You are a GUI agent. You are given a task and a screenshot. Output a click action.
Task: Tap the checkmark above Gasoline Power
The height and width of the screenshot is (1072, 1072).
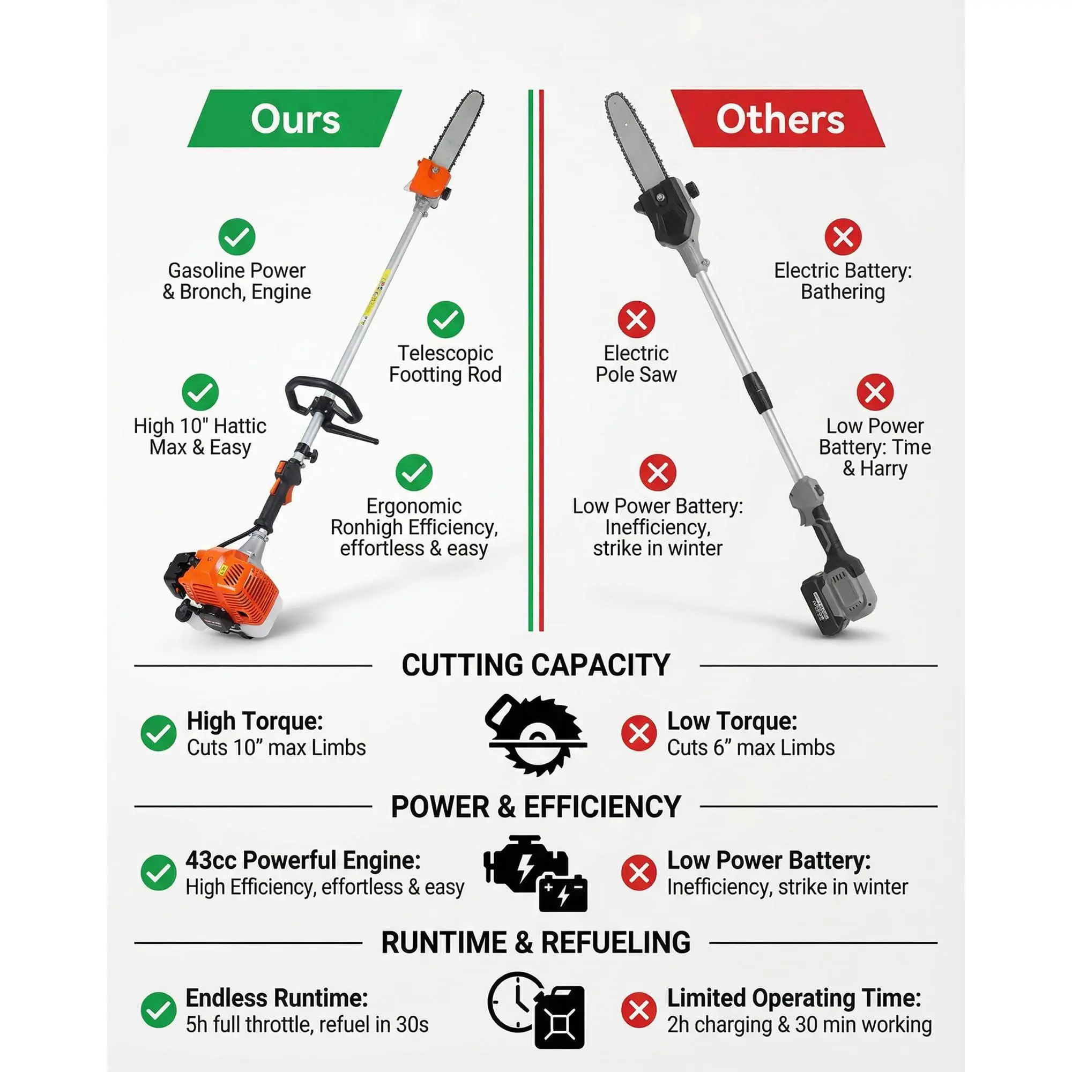[x=237, y=237]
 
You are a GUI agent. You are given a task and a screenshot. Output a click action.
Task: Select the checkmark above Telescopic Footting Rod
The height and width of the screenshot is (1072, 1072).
[x=445, y=319]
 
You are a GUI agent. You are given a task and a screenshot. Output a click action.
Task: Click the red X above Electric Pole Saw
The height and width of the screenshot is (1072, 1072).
[x=636, y=319]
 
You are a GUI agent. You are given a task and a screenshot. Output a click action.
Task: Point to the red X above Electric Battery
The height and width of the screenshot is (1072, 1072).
[x=843, y=237]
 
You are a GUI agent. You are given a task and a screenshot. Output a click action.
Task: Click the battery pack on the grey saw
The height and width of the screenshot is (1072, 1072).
[x=838, y=602]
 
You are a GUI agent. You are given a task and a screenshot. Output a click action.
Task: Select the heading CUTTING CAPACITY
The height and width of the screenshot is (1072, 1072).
[x=536, y=665]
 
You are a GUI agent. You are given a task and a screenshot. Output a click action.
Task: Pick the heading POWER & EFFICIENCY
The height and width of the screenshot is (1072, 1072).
[x=536, y=806]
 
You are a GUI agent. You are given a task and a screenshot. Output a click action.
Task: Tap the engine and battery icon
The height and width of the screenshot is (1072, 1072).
[x=535, y=874]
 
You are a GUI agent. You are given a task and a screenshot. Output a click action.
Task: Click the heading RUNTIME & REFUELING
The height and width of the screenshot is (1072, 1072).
[x=536, y=942]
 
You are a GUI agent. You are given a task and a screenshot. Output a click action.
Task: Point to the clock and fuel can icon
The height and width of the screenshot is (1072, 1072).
[x=536, y=1010]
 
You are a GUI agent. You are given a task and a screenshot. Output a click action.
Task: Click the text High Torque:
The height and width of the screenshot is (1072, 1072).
[x=255, y=721]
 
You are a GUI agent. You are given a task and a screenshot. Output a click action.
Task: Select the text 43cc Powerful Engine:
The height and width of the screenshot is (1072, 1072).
[x=303, y=860]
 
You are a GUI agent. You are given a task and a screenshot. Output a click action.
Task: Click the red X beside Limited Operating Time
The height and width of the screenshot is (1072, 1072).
[x=639, y=1010]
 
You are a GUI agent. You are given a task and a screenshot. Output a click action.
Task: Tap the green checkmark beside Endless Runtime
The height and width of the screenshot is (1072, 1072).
[x=159, y=1010]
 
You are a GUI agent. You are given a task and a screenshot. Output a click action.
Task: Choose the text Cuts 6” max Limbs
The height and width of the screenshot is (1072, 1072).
[x=751, y=747]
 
